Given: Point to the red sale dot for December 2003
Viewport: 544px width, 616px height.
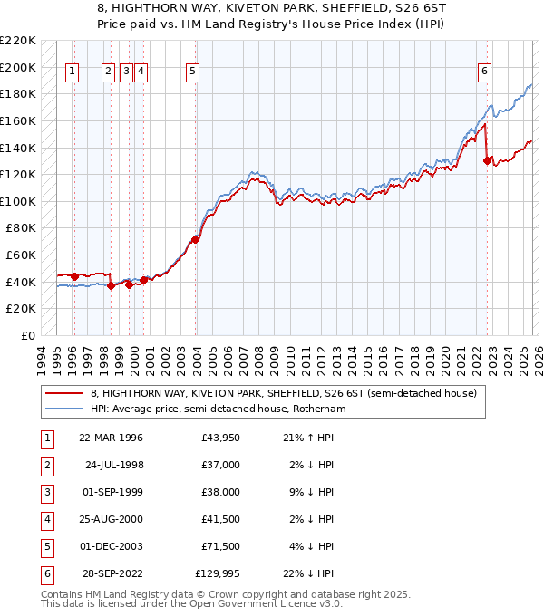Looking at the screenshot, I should [195, 240].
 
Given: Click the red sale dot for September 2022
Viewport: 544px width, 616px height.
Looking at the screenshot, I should [487, 161].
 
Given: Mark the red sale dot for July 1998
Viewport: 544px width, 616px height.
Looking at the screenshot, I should [111, 285].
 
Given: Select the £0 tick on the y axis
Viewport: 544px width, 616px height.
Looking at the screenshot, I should [29, 335].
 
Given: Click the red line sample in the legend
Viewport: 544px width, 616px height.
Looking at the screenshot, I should [65, 393].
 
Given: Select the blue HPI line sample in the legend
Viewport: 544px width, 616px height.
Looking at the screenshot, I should [65, 409].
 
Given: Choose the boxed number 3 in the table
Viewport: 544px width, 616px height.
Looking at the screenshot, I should [46, 492].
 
